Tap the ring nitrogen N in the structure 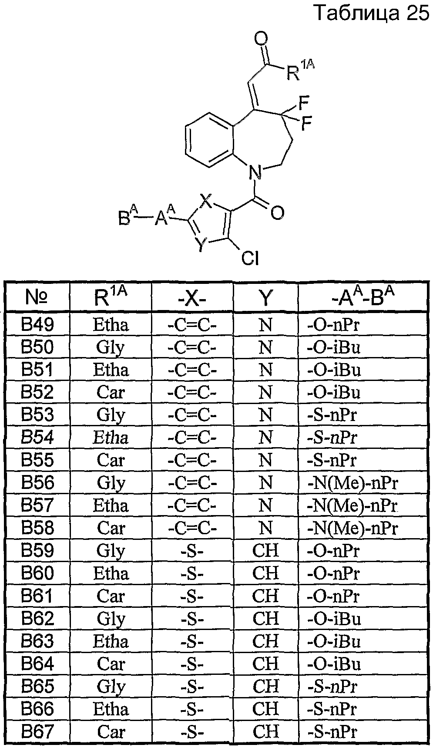click(256, 174)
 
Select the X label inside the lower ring click(208, 202)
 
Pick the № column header click(37, 297)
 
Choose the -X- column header click(192, 298)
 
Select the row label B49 click(37, 325)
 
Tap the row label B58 click(37, 528)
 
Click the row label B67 click(37, 732)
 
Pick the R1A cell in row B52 click(111, 393)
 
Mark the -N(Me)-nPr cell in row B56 click(352, 483)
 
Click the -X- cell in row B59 click(192, 551)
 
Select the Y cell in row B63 click(265, 641)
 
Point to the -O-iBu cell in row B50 click(334, 347)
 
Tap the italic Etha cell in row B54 click(111, 438)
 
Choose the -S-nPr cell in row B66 click(332, 709)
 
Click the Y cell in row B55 click(265, 461)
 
